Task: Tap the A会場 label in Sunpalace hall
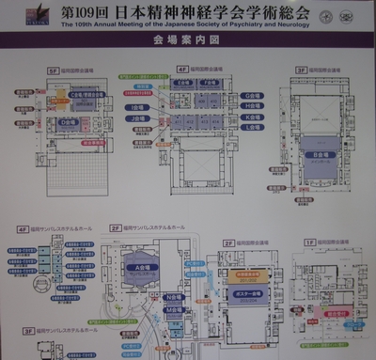[144, 269]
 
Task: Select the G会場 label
[252, 96]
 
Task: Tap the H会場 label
[252, 107]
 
